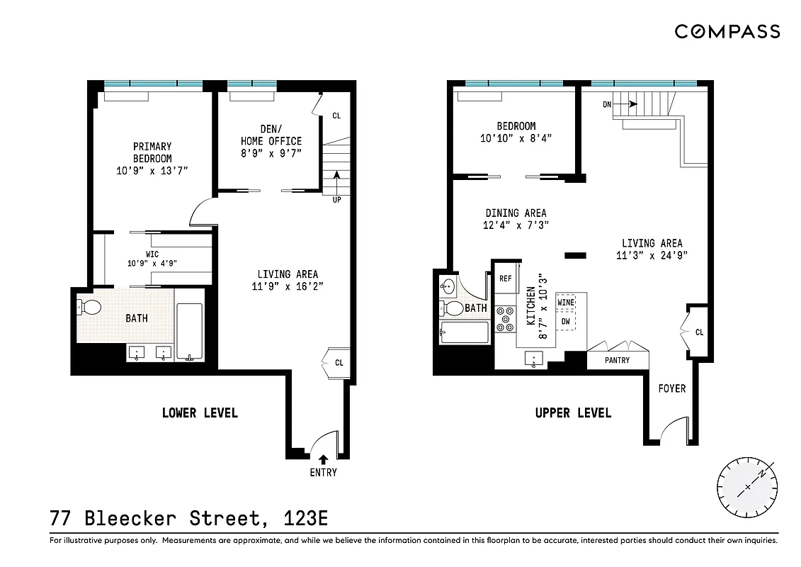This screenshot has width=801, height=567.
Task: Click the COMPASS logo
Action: click(x=727, y=31)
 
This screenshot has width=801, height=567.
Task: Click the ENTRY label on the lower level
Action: click(x=323, y=473)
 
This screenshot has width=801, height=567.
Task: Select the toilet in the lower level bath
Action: click(x=91, y=307)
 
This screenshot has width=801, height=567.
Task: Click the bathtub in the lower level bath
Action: click(x=189, y=331)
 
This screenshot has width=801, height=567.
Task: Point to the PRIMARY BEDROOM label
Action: click(x=152, y=152)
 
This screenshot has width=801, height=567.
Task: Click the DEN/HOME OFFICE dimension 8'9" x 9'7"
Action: click(x=271, y=153)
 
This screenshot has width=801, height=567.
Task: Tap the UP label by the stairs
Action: click(x=337, y=200)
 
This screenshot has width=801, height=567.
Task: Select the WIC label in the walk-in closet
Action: click(x=152, y=254)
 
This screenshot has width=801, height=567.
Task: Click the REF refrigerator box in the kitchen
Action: click(x=506, y=279)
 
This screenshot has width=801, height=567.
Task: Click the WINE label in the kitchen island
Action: click(x=566, y=303)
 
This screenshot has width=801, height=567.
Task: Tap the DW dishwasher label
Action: click(x=566, y=321)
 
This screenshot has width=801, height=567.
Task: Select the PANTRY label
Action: click(x=618, y=361)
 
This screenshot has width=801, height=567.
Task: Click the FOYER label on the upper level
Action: click(x=671, y=388)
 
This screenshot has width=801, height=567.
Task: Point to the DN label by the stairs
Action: click(x=607, y=105)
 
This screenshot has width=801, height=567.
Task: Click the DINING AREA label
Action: click(x=516, y=213)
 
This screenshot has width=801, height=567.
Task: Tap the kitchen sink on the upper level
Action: click(x=533, y=359)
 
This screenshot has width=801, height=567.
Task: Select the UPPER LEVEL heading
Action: click(x=573, y=412)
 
